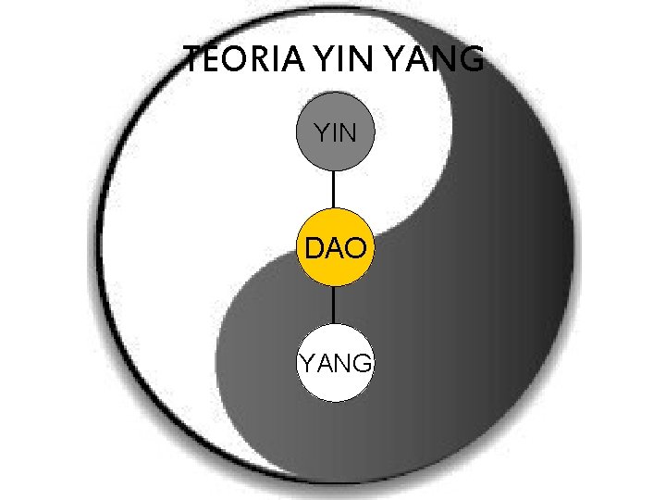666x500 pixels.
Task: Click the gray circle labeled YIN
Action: click(x=334, y=133)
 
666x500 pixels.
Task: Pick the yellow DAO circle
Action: click(x=334, y=248)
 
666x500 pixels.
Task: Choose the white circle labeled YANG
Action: click(x=334, y=362)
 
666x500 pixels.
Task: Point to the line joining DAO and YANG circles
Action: click(x=334, y=305)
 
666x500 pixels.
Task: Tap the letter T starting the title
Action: click(x=193, y=61)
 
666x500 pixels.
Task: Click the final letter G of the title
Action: click(x=471, y=61)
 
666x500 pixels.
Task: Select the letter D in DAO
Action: click(x=315, y=248)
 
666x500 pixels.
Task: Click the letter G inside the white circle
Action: click(x=363, y=362)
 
